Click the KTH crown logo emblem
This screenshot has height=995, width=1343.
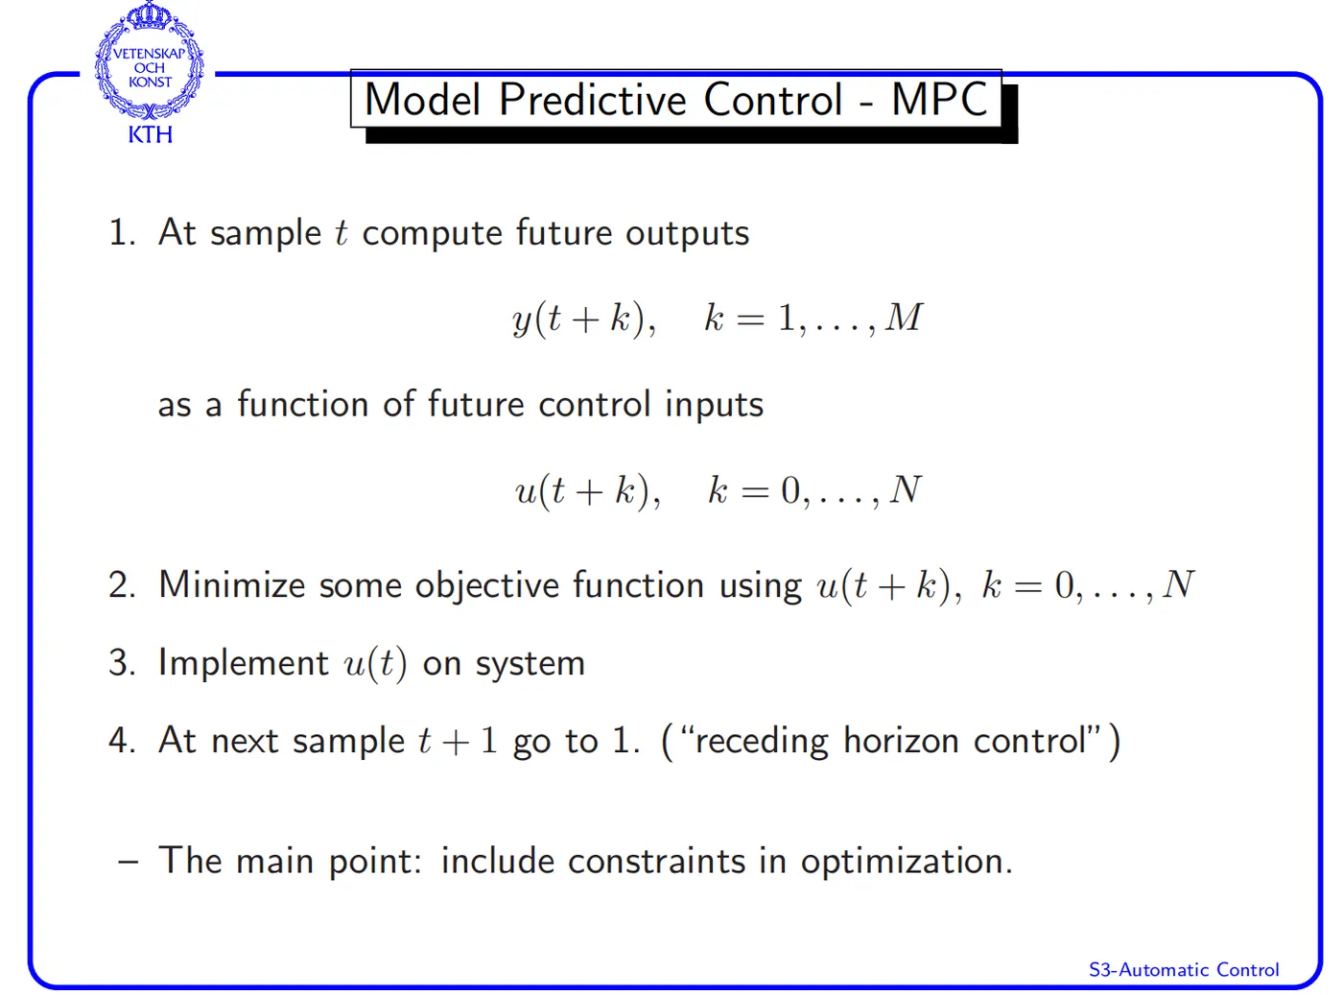(x=149, y=60)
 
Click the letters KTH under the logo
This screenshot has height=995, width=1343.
(x=151, y=134)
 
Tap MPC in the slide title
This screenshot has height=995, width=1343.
(x=940, y=99)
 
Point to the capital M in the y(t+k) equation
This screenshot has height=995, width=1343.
(x=904, y=317)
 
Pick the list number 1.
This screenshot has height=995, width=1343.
(x=122, y=232)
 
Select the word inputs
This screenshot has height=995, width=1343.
(x=714, y=405)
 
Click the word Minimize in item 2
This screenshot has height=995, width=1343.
(x=232, y=585)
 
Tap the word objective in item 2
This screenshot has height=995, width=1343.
(x=487, y=586)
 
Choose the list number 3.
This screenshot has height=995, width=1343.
(x=122, y=662)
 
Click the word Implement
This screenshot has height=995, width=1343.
(x=244, y=664)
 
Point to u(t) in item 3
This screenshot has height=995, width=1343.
(x=375, y=664)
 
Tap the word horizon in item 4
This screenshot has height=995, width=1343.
(x=902, y=741)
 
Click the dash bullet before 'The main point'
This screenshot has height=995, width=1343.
(x=129, y=863)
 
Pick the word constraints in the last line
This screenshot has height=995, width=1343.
(x=656, y=862)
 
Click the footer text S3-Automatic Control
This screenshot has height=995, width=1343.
(x=1184, y=969)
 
